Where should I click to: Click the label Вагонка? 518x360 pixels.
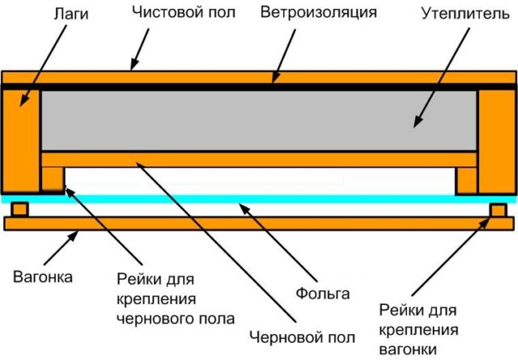point(42,277)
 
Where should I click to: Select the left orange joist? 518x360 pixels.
point(20,138)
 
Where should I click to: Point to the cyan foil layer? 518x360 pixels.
point(259,198)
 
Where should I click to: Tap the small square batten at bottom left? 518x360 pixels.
point(19,210)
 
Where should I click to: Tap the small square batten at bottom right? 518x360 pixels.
point(497,210)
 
